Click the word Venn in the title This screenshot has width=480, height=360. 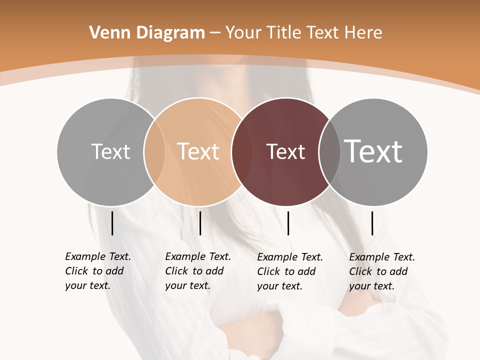pyautogui.click(x=106, y=33)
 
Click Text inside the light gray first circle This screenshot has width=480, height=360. pyautogui.click(x=110, y=151)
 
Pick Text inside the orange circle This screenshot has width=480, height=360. pyautogui.click(x=198, y=151)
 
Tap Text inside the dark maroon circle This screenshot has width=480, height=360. pyautogui.click(x=285, y=151)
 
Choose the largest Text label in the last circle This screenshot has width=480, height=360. pyautogui.click(x=373, y=151)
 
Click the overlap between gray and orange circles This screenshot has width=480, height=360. pyautogui.click(x=154, y=151)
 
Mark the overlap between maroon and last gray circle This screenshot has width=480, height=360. pyautogui.click(x=329, y=151)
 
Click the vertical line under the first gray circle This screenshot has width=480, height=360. pyautogui.click(x=112, y=223)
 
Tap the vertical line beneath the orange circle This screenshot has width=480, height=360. pyautogui.click(x=200, y=223)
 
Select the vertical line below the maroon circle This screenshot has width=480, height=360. pyautogui.click(x=288, y=223)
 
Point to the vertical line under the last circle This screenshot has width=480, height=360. pyautogui.click(x=372, y=223)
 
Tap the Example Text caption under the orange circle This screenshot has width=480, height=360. pyautogui.click(x=198, y=256)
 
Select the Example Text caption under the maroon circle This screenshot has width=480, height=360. pyautogui.click(x=290, y=257)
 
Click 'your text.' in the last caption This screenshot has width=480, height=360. pyautogui.click(x=371, y=286)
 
